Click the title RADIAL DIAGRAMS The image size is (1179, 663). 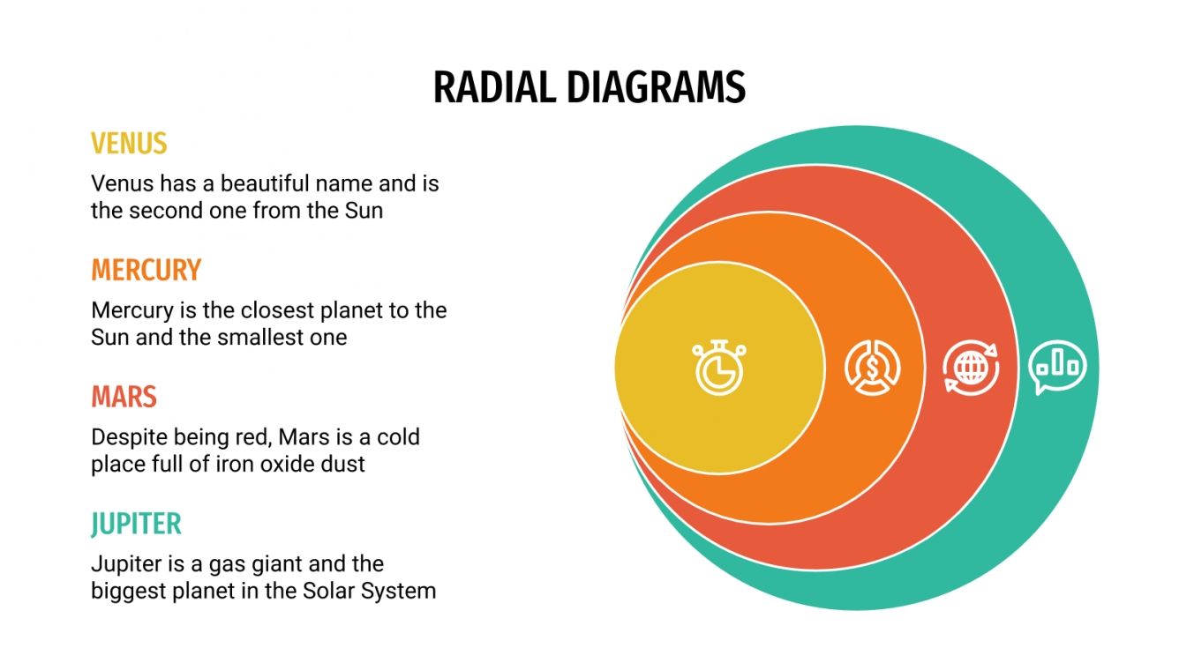(x=589, y=88)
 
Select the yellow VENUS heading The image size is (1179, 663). (x=129, y=143)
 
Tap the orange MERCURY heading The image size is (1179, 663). (x=146, y=270)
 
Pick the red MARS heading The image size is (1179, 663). (x=124, y=397)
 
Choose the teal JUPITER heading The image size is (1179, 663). (x=136, y=524)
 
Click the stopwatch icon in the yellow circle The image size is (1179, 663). (x=718, y=367)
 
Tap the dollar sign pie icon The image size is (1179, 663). (x=872, y=367)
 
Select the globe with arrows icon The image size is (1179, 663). (x=971, y=367)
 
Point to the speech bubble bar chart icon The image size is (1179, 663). (x=1057, y=366)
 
